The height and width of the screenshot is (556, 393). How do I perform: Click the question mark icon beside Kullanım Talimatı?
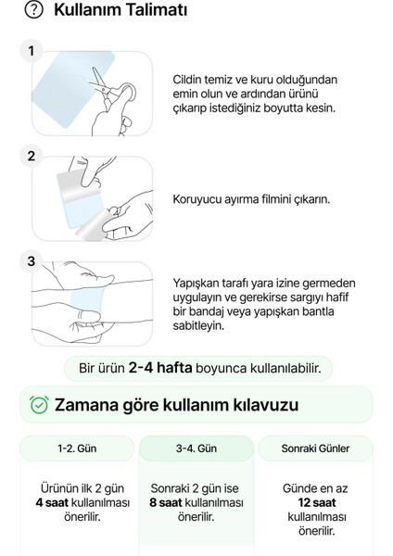pyautogui.click(x=34, y=11)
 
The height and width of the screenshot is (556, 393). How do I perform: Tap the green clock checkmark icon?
pyautogui.click(x=39, y=405)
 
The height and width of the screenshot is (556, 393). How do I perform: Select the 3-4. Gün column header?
pyautogui.click(x=196, y=449)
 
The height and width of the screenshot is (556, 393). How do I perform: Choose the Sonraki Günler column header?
pyautogui.click(x=315, y=449)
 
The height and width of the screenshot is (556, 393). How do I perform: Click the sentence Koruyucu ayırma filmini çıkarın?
pyautogui.click(x=251, y=199)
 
